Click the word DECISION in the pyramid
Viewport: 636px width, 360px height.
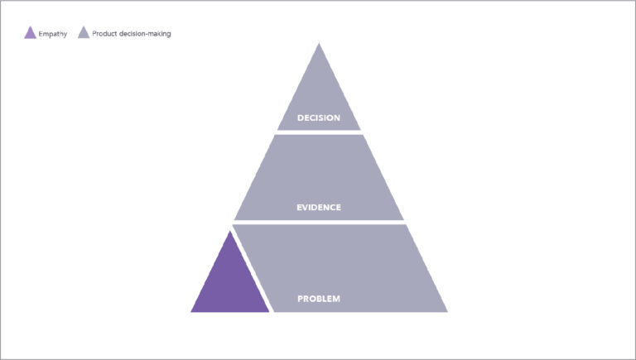318,118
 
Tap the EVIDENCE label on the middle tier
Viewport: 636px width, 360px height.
318,208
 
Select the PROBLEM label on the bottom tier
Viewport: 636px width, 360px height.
318,299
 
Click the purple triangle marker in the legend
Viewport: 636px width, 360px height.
30,33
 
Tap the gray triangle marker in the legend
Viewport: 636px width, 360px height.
84,33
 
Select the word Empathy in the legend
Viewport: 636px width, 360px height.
53,34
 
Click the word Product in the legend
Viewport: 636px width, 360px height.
104,34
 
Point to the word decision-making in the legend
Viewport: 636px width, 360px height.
145,34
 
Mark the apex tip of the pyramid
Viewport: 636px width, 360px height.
319,43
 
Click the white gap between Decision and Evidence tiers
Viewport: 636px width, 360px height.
319,132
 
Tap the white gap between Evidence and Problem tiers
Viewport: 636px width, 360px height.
319,223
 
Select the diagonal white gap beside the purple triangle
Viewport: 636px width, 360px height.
252,268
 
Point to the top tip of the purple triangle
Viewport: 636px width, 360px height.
230,231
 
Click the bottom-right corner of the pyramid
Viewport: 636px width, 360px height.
447,312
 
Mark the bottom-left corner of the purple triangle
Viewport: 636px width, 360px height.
191,312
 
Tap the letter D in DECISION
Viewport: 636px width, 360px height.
301,118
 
